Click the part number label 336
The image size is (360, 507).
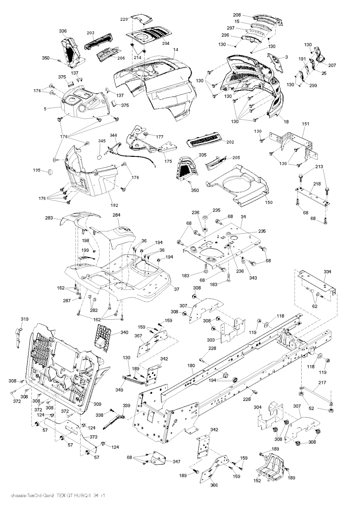click(63, 31)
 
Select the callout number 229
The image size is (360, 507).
click(124, 19)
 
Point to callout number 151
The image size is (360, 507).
click(306, 124)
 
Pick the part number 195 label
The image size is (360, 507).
click(37, 171)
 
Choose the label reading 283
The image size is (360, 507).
click(49, 218)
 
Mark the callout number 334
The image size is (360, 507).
click(327, 272)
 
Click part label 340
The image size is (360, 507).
click(124, 332)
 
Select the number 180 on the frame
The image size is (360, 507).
click(191, 366)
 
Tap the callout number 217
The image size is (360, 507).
click(322, 383)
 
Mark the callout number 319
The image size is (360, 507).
click(25, 319)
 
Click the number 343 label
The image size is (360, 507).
click(253, 278)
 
